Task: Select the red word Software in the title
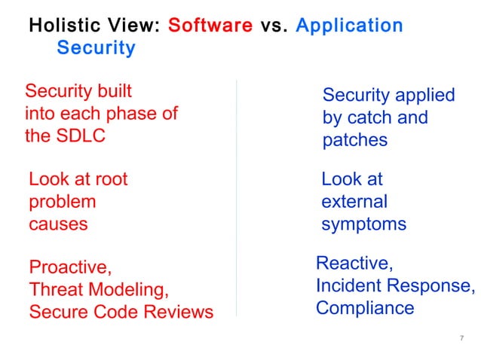coord(210,25)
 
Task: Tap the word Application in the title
coord(349,25)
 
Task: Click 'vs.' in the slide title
coord(274,25)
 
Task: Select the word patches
coord(355,140)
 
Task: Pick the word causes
coord(58,224)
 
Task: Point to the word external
coord(354,202)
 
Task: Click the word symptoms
coord(363,224)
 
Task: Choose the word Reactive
coord(354,264)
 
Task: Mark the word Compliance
coord(365,308)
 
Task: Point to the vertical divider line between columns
coord(237,196)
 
